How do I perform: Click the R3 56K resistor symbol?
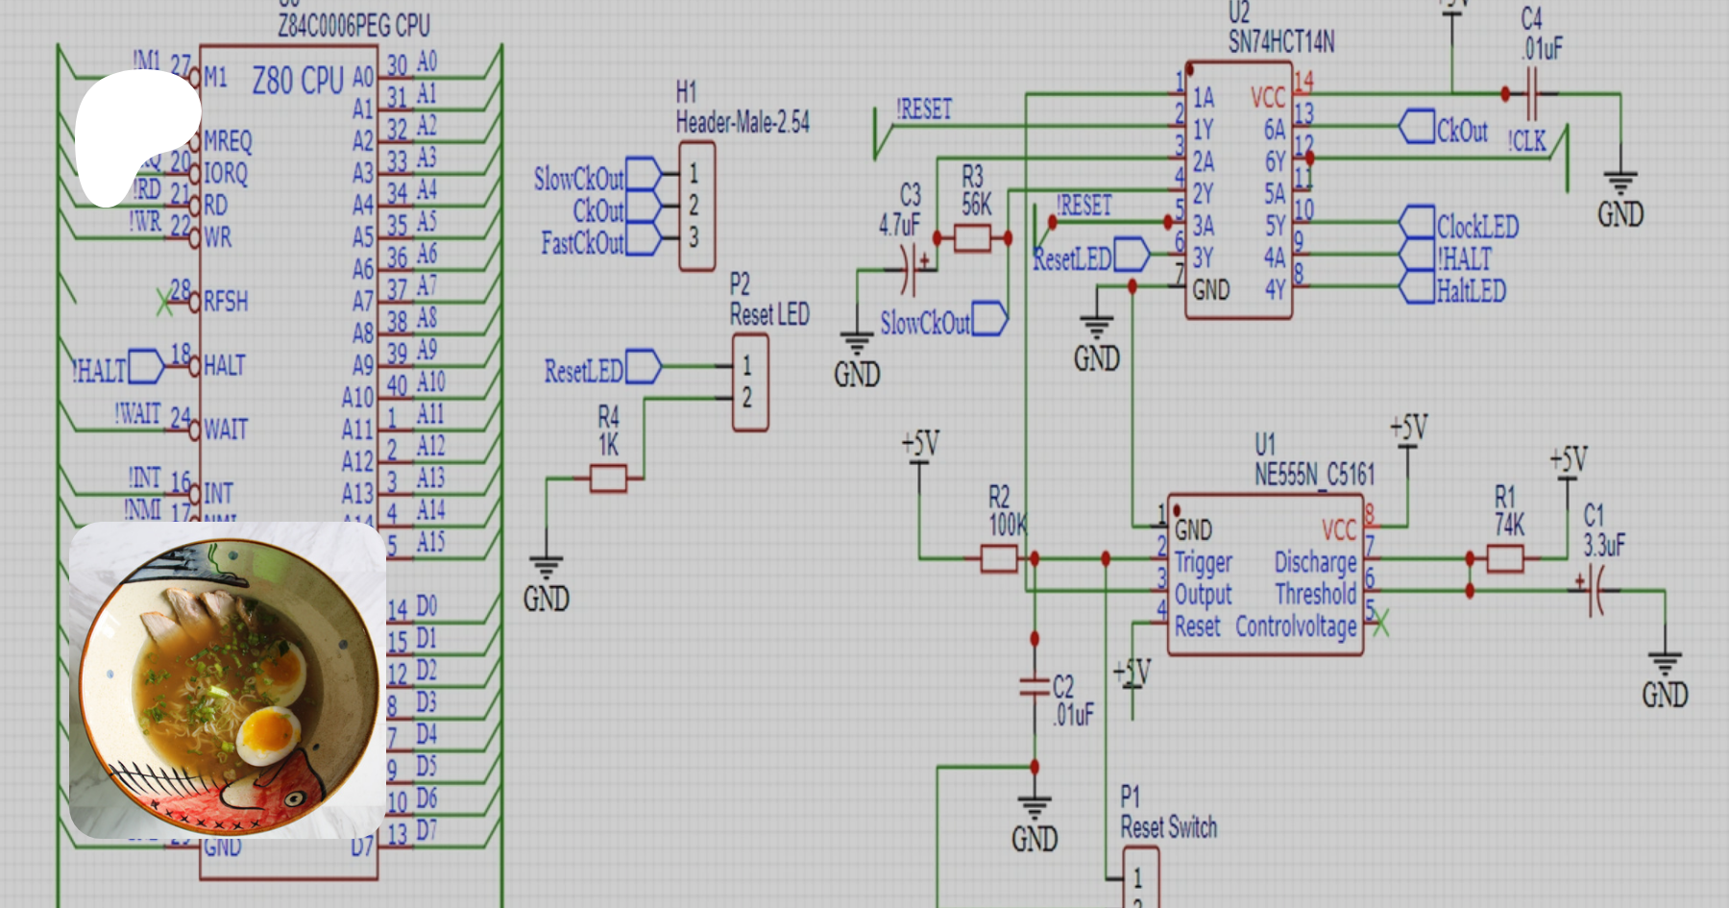pos(972,237)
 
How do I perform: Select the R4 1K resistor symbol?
pos(608,478)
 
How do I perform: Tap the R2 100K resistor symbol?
pos(999,557)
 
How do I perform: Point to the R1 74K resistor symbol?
pos(1504,557)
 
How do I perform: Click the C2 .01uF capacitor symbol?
pos(1035,686)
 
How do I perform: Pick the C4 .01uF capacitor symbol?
pos(1531,94)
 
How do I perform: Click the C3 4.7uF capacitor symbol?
pos(908,270)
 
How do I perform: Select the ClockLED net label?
pos(1477,227)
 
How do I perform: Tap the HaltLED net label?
pos(1471,290)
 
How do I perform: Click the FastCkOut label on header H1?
pos(582,243)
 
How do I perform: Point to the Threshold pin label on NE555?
pos(1315,594)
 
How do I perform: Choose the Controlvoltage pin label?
pos(1296,626)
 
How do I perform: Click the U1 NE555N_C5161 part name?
pos(1315,474)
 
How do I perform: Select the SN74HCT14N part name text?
pos(1281,42)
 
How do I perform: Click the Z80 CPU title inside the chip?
pos(298,80)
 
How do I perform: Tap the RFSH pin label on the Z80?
pos(226,302)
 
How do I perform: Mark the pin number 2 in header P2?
pos(746,398)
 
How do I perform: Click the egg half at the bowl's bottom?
pos(268,734)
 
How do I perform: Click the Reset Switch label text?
pos(1168,827)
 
